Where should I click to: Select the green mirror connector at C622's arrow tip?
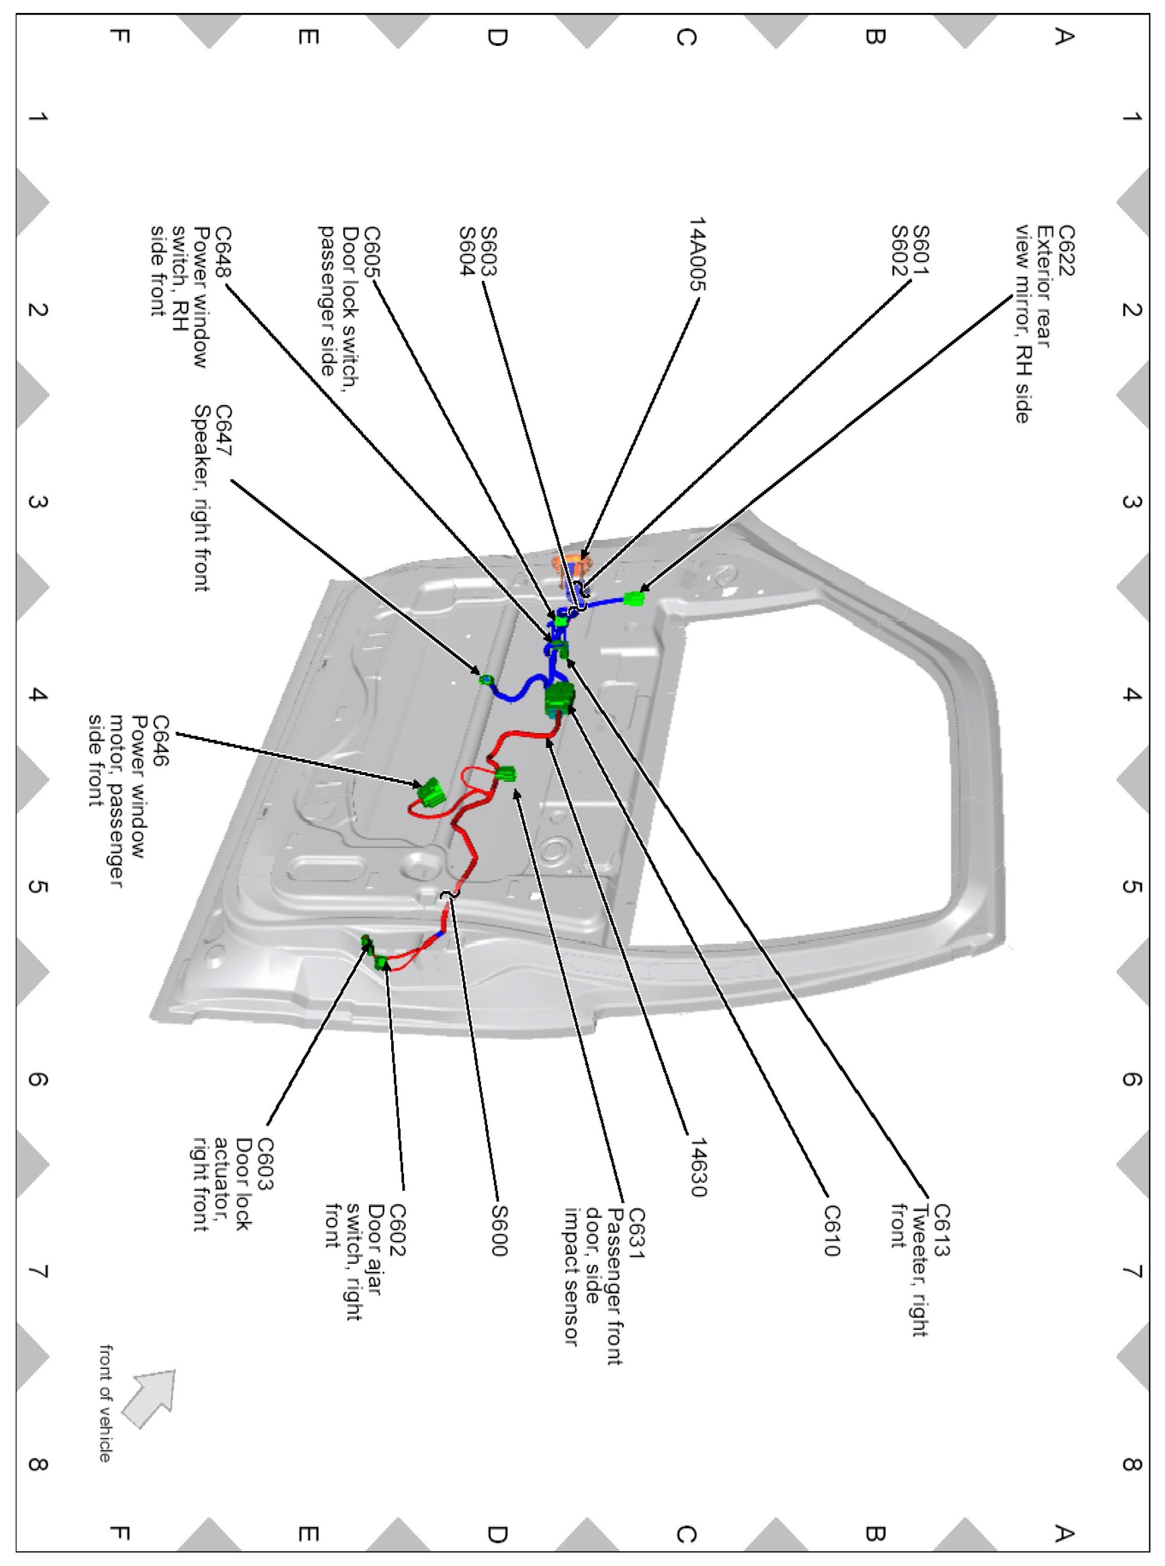tap(634, 599)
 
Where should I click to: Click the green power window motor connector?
tap(430, 792)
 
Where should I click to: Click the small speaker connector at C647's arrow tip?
tap(485, 679)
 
